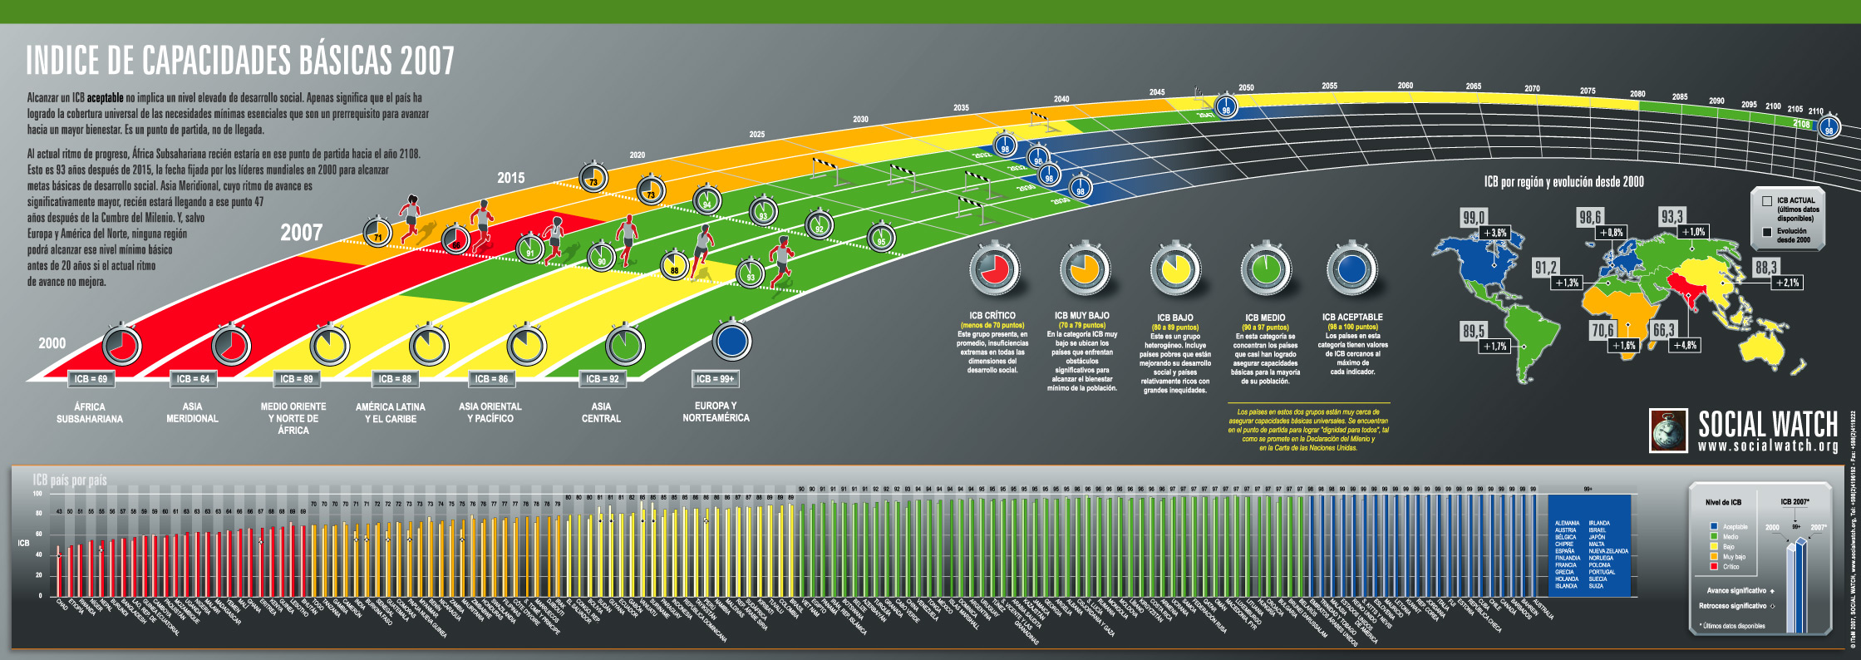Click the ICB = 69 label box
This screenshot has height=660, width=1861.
point(91,379)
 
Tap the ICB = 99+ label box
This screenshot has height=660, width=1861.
point(715,379)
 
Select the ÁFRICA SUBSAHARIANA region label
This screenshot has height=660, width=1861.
point(90,413)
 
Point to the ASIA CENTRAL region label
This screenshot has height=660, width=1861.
point(601,413)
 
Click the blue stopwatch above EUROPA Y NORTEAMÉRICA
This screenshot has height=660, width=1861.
point(731,341)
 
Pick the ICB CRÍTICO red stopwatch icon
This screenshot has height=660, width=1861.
point(994,268)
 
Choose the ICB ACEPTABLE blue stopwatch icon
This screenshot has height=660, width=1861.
point(1351,268)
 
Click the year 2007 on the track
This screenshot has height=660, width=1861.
point(301,233)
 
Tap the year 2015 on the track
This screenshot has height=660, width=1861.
point(510,178)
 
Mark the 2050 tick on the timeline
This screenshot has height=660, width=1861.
point(1246,87)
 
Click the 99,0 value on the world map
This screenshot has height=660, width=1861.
point(1474,218)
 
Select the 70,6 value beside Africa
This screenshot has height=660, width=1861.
point(1602,330)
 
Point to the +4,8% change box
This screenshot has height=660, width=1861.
point(1685,345)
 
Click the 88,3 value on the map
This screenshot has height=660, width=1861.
point(1766,267)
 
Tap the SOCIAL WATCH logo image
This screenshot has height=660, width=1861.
point(1668,431)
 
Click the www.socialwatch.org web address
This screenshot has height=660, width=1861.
point(1768,446)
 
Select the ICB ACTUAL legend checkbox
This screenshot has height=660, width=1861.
point(1767,201)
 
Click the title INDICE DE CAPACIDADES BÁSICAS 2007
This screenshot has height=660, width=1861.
point(240,61)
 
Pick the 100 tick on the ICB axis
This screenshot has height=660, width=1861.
point(37,494)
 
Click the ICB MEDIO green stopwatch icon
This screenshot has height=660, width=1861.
point(1265,268)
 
